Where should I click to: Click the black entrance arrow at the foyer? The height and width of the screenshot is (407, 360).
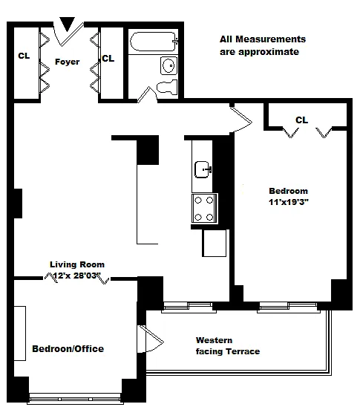[x=68, y=23]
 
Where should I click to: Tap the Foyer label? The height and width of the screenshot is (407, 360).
[x=68, y=62]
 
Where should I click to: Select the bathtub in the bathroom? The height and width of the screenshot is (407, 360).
[x=154, y=42]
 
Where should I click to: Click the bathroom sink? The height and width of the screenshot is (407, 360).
[x=168, y=65]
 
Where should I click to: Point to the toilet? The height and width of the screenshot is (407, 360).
[x=167, y=87]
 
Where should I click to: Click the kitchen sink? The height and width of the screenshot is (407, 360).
[x=203, y=169]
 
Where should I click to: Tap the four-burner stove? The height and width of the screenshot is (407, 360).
[x=204, y=209]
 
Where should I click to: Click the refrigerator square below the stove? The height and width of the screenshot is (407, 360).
[x=215, y=243]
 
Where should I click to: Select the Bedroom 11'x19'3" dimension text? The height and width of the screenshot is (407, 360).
[x=289, y=202]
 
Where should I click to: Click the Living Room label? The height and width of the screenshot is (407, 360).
[x=77, y=264]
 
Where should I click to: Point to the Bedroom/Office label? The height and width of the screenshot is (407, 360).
[x=68, y=348]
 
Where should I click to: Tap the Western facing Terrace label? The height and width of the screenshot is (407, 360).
[x=228, y=346]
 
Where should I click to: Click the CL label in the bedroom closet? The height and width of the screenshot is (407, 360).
[x=301, y=120]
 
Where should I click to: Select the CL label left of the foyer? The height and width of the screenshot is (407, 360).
[x=24, y=56]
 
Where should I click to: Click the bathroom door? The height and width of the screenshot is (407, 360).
[x=147, y=94]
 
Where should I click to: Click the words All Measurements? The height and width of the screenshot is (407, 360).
[x=263, y=39]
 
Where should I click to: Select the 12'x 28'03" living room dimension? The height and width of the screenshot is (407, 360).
[x=76, y=276]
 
